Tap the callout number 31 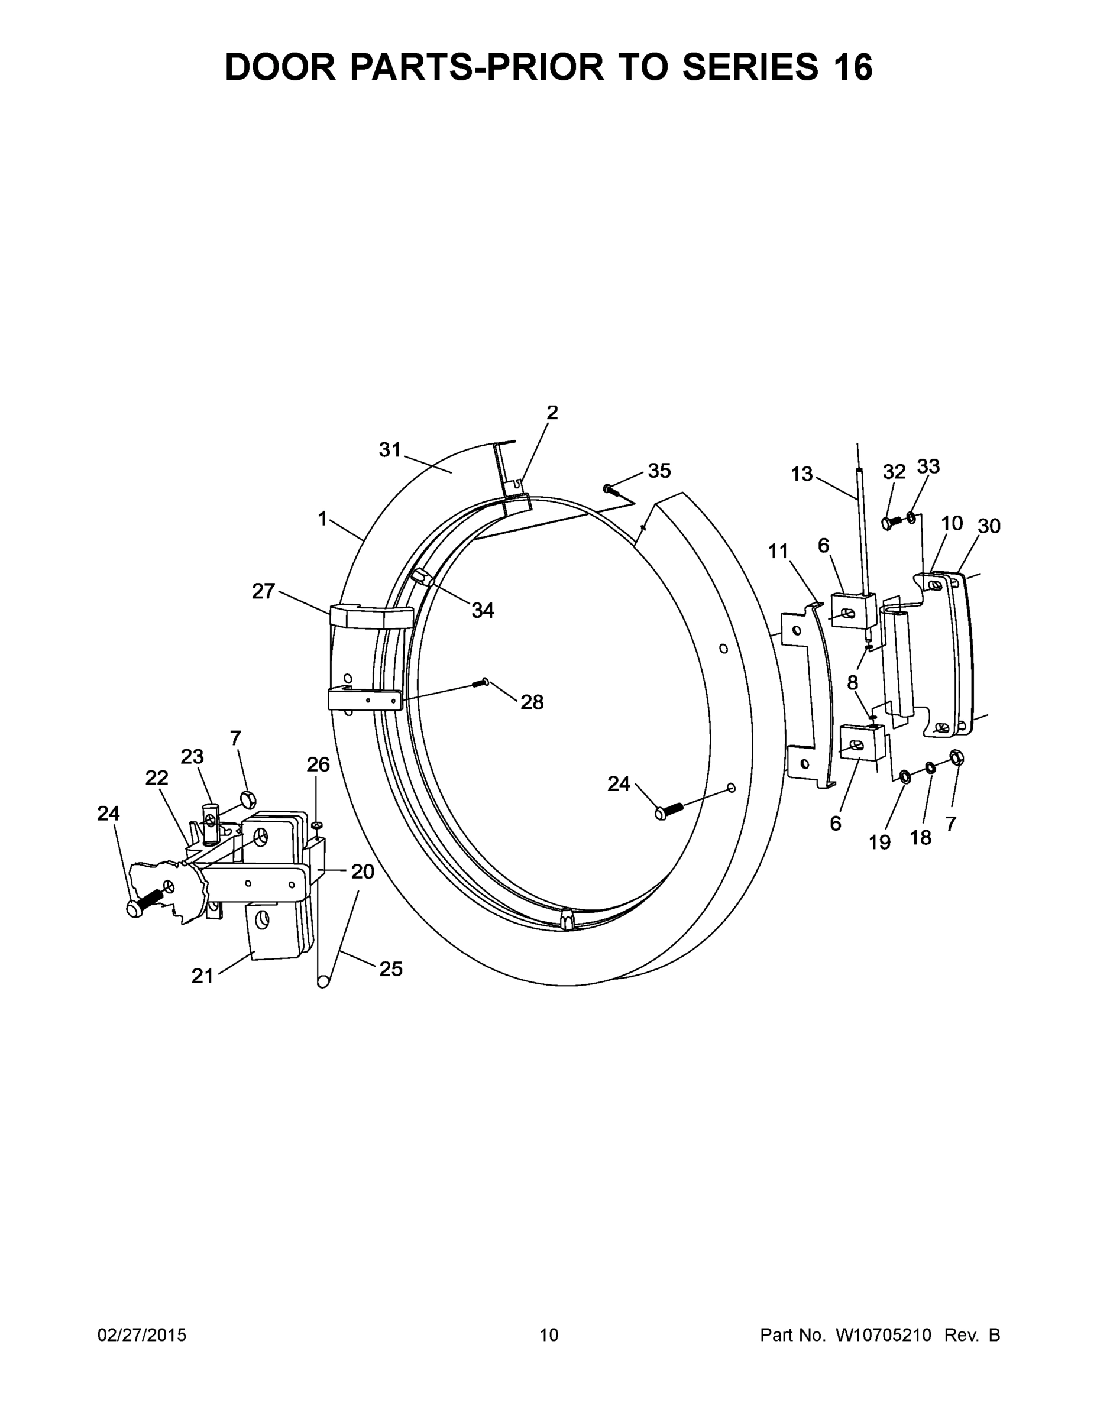click(x=390, y=449)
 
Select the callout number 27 click(x=263, y=591)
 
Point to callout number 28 click(x=532, y=702)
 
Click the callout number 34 click(x=482, y=610)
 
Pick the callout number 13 click(x=801, y=474)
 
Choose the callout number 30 click(x=988, y=526)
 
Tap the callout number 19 click(x=879, y=842)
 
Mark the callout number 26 click(x=318, y=764)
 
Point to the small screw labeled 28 click(x=483, y=682)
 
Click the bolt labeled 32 click(x=891, y=521)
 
